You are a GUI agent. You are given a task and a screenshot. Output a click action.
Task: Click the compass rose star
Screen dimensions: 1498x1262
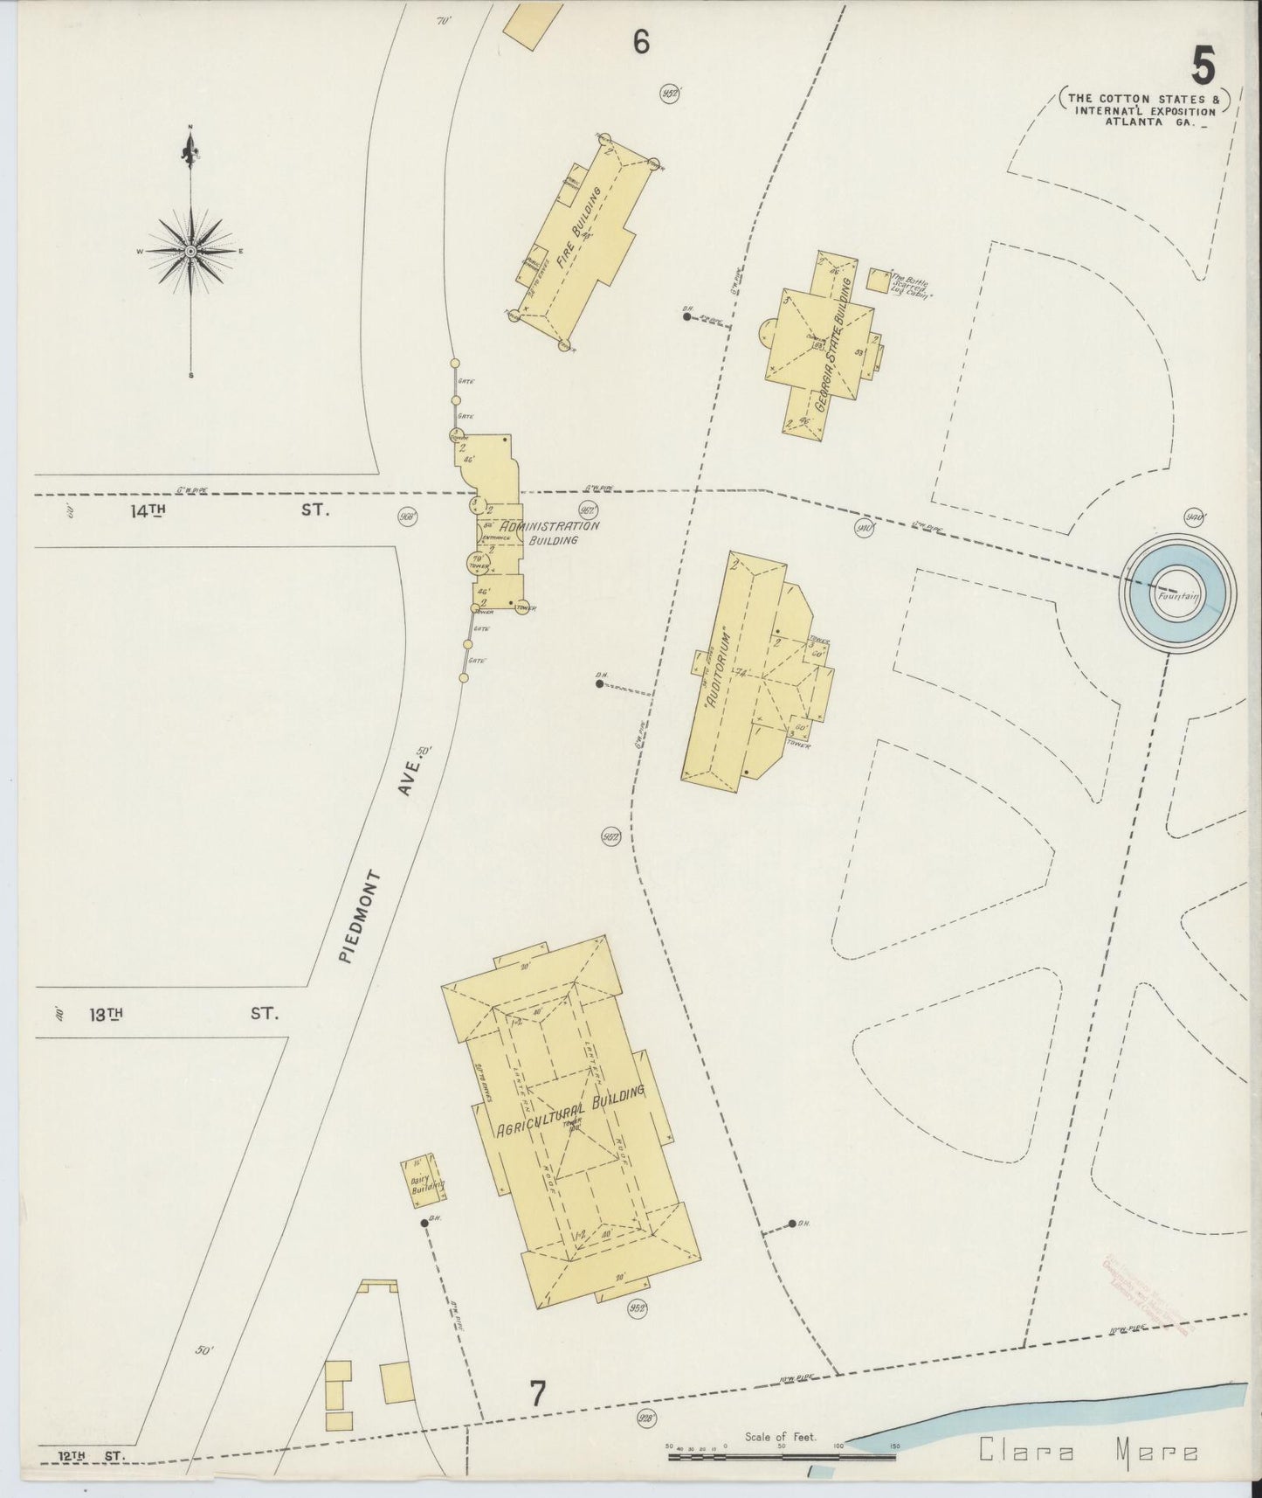(190, 251)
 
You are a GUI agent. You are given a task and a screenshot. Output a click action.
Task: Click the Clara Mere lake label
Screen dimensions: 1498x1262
(1087, 1453)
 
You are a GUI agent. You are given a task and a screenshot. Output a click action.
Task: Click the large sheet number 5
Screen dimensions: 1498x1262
(1203, 66)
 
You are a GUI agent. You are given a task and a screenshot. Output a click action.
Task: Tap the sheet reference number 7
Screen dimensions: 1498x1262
(537, 1394)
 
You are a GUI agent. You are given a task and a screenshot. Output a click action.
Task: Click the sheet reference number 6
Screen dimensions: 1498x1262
(641, 42)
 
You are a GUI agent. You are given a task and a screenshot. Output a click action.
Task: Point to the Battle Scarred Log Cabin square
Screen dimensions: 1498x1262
(877, 281)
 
